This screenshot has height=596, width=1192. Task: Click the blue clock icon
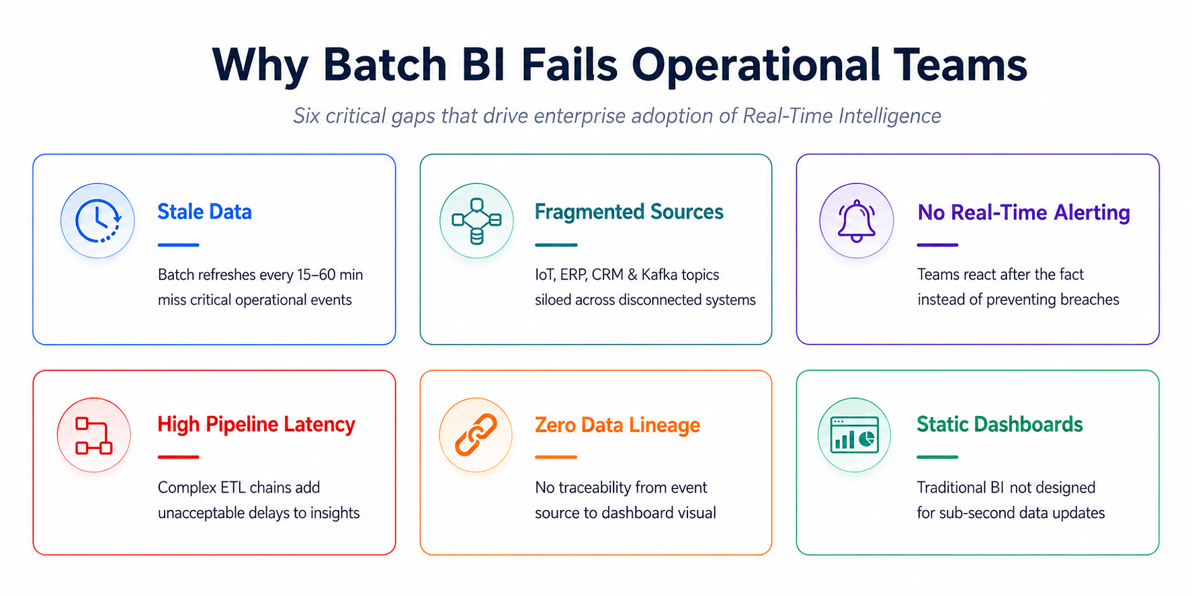(97, 220)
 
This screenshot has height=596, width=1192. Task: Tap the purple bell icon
(857, 220)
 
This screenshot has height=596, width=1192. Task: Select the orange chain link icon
(476, 435)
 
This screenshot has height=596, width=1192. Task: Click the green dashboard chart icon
(854, 435)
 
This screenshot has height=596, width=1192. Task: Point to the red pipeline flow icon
(93, 435)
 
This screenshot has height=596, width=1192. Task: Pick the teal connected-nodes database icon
(476, 221)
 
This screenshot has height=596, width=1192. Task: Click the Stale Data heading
(204, 212)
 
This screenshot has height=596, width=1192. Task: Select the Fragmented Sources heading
(629, 212)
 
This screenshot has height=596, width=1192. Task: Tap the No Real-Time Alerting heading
(1024, 212)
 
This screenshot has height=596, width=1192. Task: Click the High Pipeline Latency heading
(256, 425)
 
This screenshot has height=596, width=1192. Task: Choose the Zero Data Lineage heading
(618, 425)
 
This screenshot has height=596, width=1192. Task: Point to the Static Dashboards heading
(1000, 425)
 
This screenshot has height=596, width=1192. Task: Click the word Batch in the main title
(385, 65)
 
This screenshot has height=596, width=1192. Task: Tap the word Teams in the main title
(960, 65)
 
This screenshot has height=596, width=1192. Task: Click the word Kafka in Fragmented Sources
(659, 275)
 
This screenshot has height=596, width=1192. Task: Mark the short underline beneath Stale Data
(179, 245)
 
